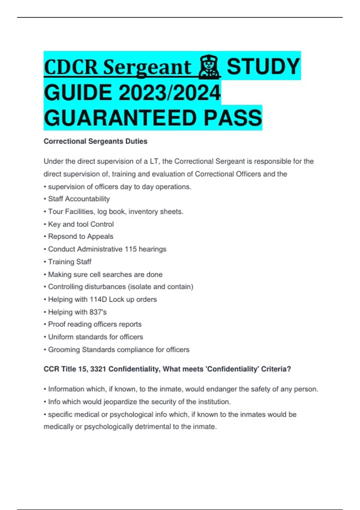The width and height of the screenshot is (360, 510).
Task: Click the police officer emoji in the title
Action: tap(210, 67)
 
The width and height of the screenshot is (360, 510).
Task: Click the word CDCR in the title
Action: tap(71, 67)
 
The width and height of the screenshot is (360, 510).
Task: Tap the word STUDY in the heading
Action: tap(263, 67)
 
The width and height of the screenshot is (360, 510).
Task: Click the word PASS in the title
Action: tap(233, 118)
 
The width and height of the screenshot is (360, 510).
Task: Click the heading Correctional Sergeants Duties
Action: tap(95, 141)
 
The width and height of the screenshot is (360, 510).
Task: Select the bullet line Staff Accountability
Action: tap(79, 199)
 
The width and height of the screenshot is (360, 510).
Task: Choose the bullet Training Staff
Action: tap(70, 262)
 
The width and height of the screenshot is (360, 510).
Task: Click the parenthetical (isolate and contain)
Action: tap(160, 287)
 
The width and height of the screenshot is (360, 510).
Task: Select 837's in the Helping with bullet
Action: tap(98, 312)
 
